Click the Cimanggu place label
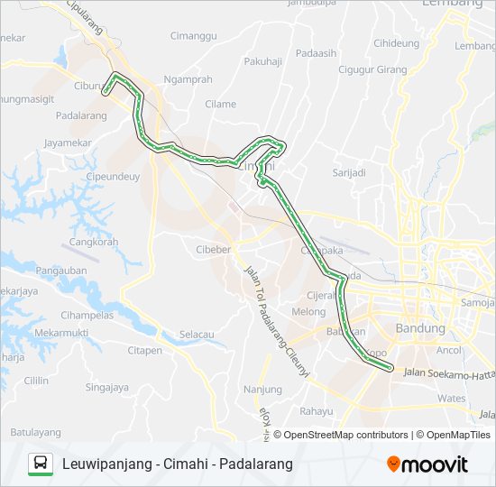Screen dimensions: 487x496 [194, 36]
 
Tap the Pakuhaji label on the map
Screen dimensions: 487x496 [262, 62]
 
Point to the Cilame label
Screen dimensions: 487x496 [221, 104]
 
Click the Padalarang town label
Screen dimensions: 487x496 [82, 116]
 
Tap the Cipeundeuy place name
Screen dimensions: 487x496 [113, 177]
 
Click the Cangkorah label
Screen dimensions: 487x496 [93, 243]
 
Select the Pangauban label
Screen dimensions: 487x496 [61, 271]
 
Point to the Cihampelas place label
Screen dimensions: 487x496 [87, 316]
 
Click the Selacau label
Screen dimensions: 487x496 [197, 335]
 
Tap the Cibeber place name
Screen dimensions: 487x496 [214, 249]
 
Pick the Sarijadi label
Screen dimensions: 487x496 [349, 172]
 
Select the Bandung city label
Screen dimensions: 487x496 [420, 328]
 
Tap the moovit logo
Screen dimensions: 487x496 [427, 464]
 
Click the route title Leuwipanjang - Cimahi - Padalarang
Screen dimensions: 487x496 [178, 464]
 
